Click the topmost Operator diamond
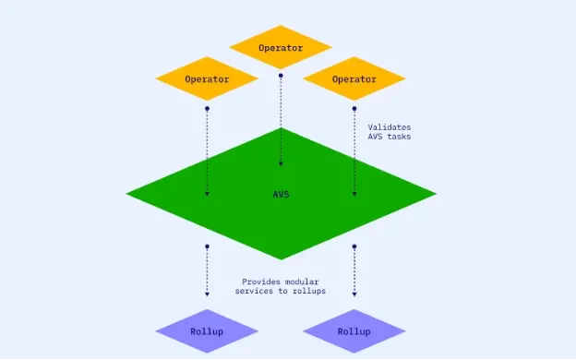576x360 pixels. pyautogui.click(x=280, y=47)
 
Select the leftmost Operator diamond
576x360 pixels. pyautogui.click(x=207, y=78)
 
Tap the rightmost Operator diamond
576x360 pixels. pyautogui.click(x=354, y=78)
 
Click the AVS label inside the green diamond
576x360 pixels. pyautogui.click(x=281, y=194)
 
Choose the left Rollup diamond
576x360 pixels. pyautogui.click(x=207, y=331)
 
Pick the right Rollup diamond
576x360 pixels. pyautogui.click(x=354, y=331)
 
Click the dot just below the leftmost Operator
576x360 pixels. pyautogui.click(x=207, y=109)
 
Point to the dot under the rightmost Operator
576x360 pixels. pyautogui.click(x=354, y=109)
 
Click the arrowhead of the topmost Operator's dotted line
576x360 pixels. pyautogui.click(x=280, y=164)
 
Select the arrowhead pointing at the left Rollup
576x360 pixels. pyautogui.click(x=207, y=294)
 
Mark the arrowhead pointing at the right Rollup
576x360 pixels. pyautogui.click(x=354, y=294)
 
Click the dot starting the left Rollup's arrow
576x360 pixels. pyautogui.click(x=207, y=246)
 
